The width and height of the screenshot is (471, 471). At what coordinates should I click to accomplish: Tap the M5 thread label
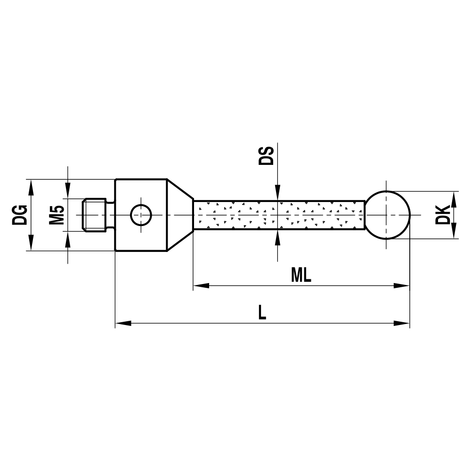[57, 215]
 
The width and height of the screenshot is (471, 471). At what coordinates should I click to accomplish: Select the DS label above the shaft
[267, 155]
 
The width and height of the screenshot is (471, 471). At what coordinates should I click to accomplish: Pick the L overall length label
[262, 313]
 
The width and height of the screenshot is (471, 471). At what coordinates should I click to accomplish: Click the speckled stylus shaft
[278, 215]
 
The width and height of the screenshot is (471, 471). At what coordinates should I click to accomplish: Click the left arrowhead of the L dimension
[122, 323]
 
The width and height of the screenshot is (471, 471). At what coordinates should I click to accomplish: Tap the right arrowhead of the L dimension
[402, 323]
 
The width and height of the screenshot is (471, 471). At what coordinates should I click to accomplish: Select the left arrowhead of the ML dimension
[201, 285]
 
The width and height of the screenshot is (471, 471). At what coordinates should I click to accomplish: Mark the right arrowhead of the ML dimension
[402, 285]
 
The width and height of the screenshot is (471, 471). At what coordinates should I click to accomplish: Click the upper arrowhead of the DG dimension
[31, 187]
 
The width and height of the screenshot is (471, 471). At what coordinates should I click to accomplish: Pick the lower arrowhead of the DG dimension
[31, 244]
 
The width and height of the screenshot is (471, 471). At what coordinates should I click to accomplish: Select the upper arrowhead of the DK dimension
[454, 198]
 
